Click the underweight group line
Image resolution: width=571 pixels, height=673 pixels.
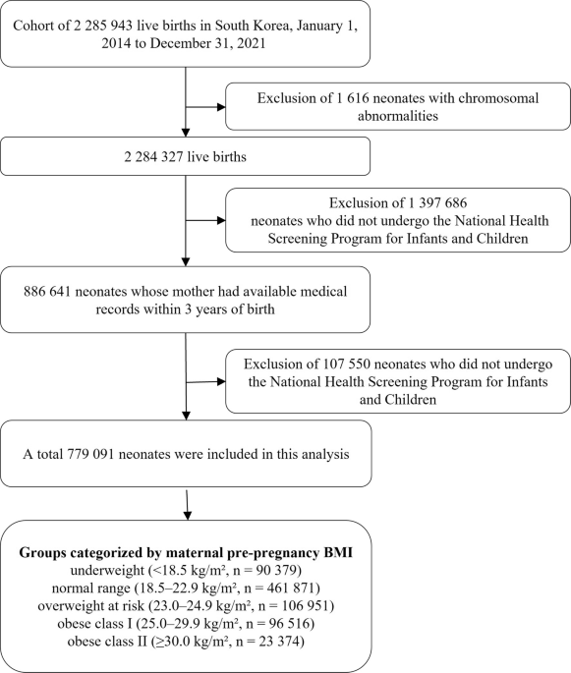[187, 570]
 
